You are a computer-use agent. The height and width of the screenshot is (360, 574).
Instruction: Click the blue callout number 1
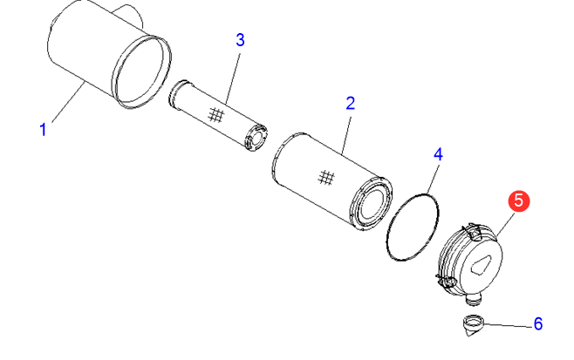[44, 130]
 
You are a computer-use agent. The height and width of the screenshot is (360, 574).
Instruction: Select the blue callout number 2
[351, 104]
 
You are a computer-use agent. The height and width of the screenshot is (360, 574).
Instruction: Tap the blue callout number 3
[240, 40]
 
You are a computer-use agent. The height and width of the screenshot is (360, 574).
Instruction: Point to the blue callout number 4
[438, 155]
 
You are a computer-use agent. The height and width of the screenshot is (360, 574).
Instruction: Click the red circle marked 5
[519, 200]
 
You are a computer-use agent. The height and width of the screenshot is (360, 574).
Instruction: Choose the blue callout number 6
[537, 323]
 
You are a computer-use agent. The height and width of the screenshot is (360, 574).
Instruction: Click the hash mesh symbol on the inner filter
[216, 115]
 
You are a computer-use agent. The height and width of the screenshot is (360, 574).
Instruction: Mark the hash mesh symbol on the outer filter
[326, 178]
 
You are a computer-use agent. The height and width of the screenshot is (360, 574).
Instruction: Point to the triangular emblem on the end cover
[480, 264]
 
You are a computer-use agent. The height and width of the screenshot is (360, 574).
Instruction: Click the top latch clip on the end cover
[473, 231]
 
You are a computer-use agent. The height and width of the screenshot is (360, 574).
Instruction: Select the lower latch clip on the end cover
[446, 281]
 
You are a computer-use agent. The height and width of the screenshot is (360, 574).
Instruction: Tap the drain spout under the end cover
[475, 299]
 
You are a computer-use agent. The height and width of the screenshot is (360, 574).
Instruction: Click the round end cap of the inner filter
[256, 138]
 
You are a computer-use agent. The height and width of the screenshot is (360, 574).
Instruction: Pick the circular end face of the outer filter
[372, 203]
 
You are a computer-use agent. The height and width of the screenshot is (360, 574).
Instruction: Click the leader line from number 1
[68, 103]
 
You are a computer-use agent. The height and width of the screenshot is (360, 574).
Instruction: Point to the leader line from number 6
[509, 325]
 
